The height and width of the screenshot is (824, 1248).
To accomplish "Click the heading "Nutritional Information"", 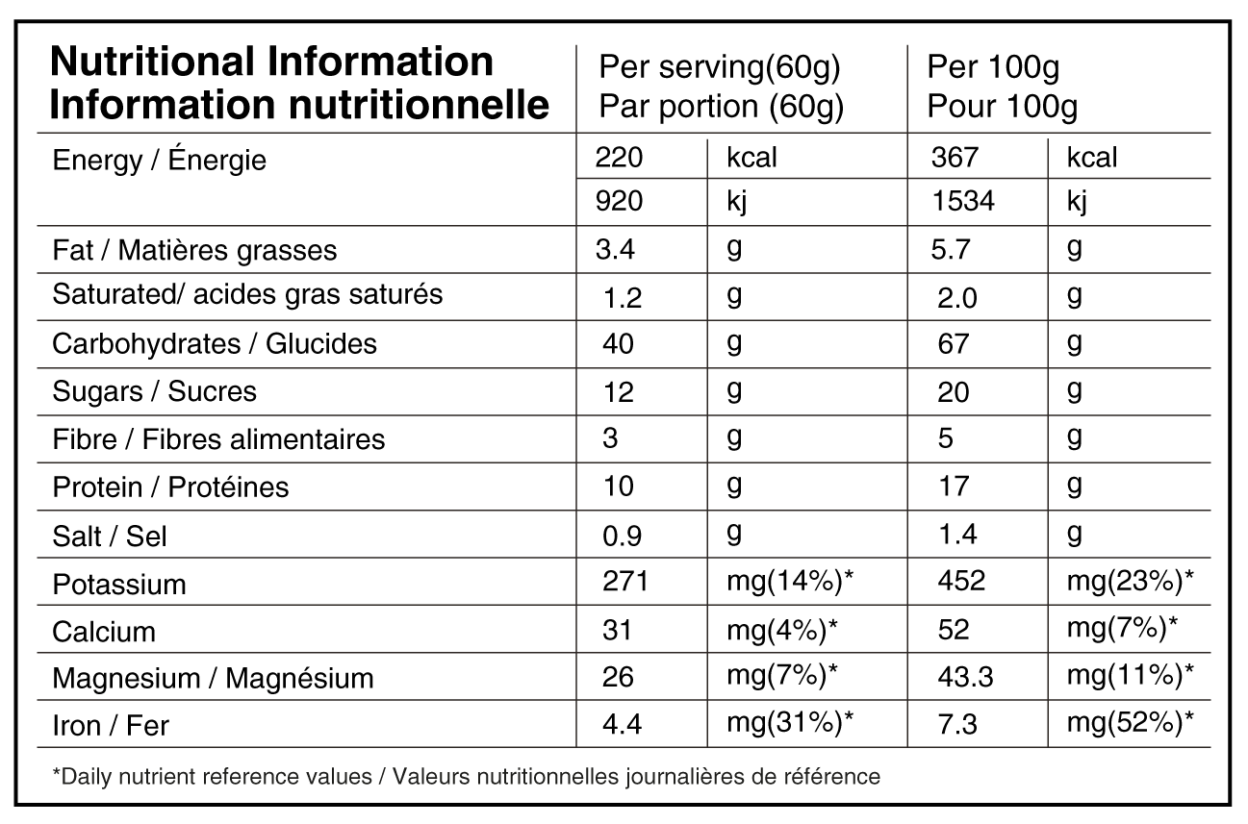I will (x=271, y=62).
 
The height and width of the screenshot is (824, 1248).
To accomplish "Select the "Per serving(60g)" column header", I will (x=720, y=68).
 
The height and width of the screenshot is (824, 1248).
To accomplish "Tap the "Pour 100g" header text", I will (x=1002, y=107).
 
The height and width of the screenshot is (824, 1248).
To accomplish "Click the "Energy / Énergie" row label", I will (x=159, y=160).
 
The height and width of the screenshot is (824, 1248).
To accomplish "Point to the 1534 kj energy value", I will (x=963, y=201).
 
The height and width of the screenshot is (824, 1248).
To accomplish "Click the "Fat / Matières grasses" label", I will (x=194, y=250).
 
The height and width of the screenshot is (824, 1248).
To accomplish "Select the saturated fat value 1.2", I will (x=623, y=298).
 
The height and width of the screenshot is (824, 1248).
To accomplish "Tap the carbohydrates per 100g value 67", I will (x=953, y=343).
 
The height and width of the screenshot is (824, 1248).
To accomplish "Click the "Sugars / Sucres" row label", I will (x=154, y=391).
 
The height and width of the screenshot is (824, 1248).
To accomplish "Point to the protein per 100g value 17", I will (x=953, y=486).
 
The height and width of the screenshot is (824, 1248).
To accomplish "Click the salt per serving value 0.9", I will (x=622, y=536).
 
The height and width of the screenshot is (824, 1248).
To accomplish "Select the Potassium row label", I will (x=118, y=585).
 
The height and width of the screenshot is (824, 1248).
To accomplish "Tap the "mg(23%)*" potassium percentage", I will (x=1130, y=581).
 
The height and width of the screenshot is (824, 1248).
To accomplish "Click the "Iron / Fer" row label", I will (x=111, y=726).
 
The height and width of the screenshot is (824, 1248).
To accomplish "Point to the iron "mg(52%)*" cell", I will (x=1130, y=722).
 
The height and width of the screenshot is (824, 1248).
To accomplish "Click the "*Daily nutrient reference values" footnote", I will (x=467, y=776).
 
